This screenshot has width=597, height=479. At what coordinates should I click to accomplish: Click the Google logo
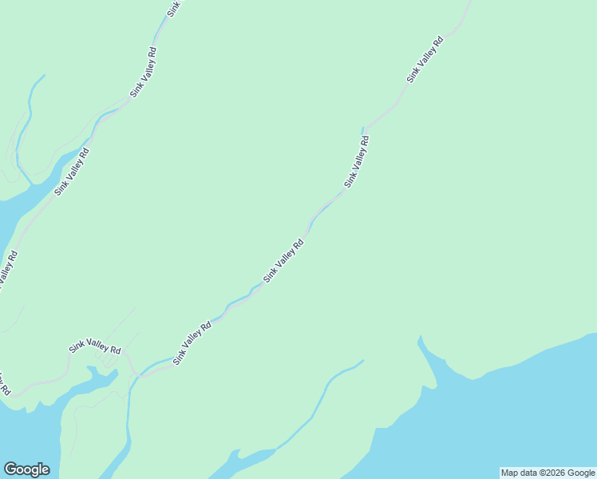(x=26, y=469)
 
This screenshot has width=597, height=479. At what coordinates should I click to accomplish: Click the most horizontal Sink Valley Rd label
(x=94, y=348)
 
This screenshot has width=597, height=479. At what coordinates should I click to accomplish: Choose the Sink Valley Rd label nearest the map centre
(x=283, y=261)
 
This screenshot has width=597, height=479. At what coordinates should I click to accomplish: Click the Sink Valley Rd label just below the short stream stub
(x=357, y=162)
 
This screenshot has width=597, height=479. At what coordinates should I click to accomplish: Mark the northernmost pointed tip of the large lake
(x=419, y=338)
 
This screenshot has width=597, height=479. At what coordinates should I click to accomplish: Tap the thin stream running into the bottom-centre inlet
(x=319, y=399)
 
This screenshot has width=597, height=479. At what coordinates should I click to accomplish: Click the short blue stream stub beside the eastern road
(x=362, y=130)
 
